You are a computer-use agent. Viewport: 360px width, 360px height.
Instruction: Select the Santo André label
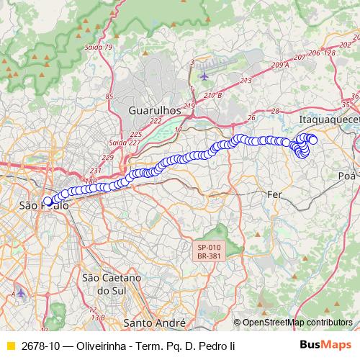coord(154,322)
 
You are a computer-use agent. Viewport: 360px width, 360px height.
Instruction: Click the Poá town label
coord(346,175)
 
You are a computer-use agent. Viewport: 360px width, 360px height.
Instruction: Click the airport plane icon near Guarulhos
coord(204,75)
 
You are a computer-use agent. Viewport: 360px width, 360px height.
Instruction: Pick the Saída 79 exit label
coord(99,48)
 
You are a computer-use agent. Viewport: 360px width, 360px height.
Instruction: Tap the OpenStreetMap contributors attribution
coord(297,323)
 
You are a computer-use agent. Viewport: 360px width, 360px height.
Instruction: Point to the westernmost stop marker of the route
coord(48,202)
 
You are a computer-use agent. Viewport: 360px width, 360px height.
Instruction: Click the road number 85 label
coord(109,96)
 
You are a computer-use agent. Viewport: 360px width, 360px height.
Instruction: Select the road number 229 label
coord(108,157)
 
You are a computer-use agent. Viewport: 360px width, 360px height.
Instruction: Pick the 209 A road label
coord(280,65)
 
